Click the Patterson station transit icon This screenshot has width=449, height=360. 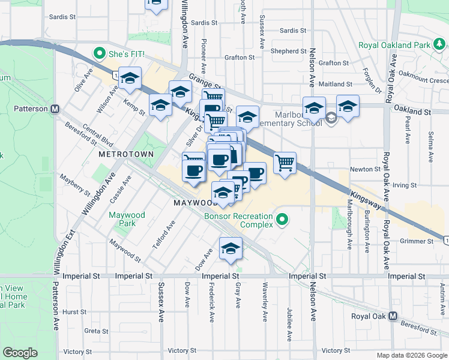coord(55,109)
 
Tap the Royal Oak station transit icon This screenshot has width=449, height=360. coord(393,316)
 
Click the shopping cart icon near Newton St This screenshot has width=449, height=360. coord(285,162)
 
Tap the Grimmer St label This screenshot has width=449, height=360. coord(416,241)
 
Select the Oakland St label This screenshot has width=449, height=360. coord(412,112)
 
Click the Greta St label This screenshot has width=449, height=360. coord(96,331)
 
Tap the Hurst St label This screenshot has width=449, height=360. coord(75,312)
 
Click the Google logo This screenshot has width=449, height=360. coord(20,353)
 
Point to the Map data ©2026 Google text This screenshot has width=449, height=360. coord(411,355)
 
